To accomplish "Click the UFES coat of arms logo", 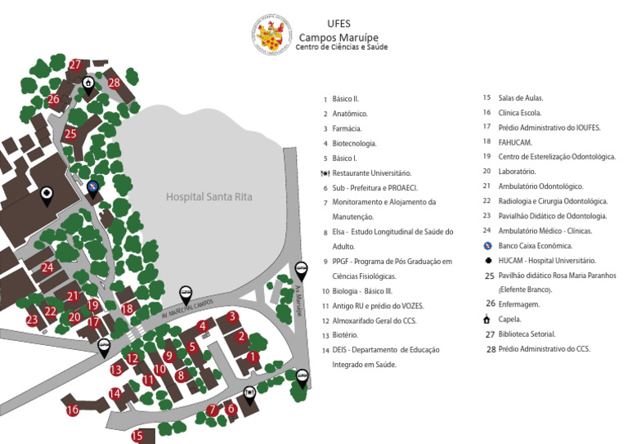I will point(271,35).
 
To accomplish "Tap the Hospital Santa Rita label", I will point(209,197).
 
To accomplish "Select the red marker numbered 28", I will point(114,82).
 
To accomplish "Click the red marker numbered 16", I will point(73,410).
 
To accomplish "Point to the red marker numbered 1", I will point(253,357).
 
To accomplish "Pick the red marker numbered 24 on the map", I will point(47,267).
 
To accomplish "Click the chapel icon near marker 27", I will point(87,83).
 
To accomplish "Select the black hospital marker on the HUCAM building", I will point(47,193).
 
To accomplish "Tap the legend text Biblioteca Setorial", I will point(527,334).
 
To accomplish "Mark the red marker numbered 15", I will point(138,436).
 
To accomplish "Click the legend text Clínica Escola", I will point(520,113).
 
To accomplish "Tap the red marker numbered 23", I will point(33,320).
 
